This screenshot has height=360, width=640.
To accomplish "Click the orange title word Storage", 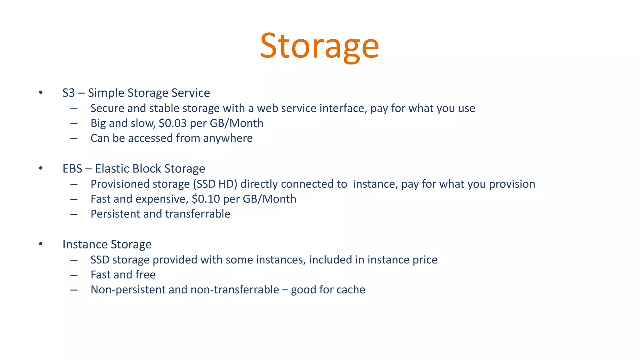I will (x=319, y=46).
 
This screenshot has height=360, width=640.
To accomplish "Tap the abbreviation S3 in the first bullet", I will (x=69, y=93).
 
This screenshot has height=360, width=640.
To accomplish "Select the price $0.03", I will (x=172, y=123).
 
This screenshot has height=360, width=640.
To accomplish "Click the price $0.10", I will (x=206, y=199).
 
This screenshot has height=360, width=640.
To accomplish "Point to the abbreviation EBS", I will (x=72, y=169).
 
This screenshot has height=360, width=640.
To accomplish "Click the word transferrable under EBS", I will (x=197, y=214).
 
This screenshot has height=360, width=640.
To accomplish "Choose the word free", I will (x=145, y=275).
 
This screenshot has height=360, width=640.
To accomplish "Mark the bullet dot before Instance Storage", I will (x=41, y=244).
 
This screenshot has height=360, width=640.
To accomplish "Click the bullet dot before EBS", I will (x=41, y=168).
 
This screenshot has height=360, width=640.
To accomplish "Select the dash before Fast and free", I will (x=74, y=275).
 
